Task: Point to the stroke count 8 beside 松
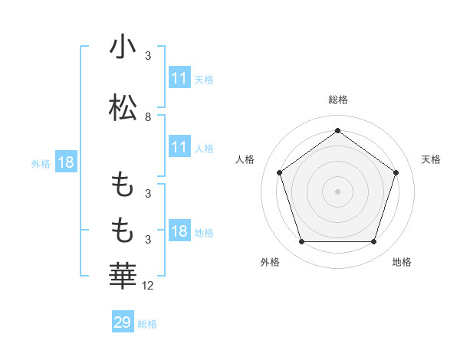[x=148, y=117]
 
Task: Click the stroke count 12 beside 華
[x=148, y=286]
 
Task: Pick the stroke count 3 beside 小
[x=148, y=56]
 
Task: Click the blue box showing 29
[x=123, y=322]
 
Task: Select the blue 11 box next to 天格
[x=179, y=78]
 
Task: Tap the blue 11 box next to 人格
[x=179, y=147]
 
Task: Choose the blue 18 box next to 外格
[x=65, y=162]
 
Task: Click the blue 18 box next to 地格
[x=179, y=231]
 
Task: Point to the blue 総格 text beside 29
[x=147, y=323]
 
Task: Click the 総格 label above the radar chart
[x=338, y=100]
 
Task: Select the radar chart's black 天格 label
[x=432, y=159]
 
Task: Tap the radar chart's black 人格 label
[x=245, y=159]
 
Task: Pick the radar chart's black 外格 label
[x=270, y=262]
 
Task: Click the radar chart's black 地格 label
[x=402, y=262]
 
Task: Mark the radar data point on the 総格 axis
[x=338, y=130]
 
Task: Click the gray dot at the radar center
[x=338, y=191]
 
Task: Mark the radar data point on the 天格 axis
[x=396, y=172]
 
